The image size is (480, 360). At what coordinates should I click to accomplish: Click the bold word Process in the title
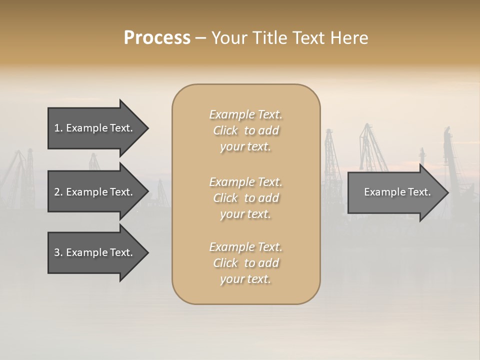[x=157, y=38]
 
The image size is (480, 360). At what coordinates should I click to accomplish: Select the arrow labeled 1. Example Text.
[x=95, y=128]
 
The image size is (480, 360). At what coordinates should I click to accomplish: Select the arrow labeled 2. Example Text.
[x=95, y=192]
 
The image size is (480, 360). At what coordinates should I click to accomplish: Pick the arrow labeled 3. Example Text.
[x=95, y=252]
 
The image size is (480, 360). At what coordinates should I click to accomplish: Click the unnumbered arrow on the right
[x=395, y=192]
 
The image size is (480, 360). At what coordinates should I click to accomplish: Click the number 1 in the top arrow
[x=57, y=128]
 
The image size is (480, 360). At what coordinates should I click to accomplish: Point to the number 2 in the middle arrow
[x=57, y=192]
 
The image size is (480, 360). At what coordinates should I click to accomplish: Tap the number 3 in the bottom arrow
[x=57, y=252]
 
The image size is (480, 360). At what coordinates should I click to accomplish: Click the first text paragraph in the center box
[x=246, y=130]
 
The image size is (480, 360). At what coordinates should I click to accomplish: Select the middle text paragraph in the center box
[x=246, y=198]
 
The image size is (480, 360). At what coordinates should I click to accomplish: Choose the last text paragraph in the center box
[x=246, y=263]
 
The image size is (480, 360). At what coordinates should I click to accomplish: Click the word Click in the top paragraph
[x=225, y=130]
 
